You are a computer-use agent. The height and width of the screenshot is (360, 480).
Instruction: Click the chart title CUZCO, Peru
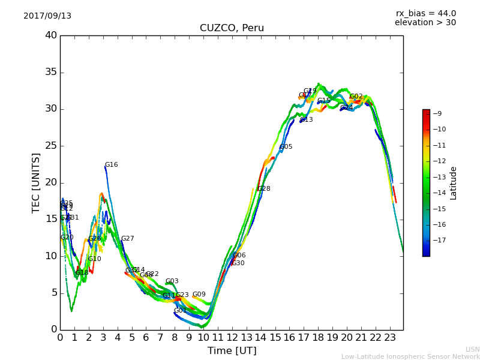pyautogui.click(x=232, y=28)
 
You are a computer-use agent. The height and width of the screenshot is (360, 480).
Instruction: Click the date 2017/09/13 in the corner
pyautogui.click(x=47, y=16)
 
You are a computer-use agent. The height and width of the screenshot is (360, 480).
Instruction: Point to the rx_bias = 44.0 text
pyautogui.click(x=425, y=13)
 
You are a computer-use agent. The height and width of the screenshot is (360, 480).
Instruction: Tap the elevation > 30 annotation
pyautogui.click(x=425, y=23)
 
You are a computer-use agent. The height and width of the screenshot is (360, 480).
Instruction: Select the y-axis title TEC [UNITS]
pyautogui.click(x=37, y=182)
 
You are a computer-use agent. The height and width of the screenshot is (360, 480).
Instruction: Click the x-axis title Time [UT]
pyautogui.click(x=232, y=351)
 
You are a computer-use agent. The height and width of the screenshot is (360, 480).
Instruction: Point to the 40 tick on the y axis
pyautogui.click(x=51, y=35)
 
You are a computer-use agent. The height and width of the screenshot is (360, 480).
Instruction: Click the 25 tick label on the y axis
pyautogui.click(x=51, y=146)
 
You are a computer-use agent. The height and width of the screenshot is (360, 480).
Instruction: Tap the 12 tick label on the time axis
pyautogui.click(x=232, y=338)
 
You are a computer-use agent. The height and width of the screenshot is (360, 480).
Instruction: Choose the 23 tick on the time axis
pyautogui.click(x=389, y=338)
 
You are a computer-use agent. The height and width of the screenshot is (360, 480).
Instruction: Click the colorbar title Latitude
pyautogui.click(x=454, y=183)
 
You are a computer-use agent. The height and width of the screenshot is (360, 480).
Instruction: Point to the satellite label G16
pyautogui.click(x=112, y=165)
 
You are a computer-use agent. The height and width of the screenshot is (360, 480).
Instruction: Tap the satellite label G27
pyautogui.click(x=128, y=239)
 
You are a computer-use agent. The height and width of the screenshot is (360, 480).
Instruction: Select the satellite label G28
pyautogui.click(x=263, y=189)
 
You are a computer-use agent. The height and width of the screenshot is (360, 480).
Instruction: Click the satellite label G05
pyautogui.click(x=286, y=147)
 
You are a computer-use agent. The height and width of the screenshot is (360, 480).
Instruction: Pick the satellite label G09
pyautogui.click(x=199, y=295)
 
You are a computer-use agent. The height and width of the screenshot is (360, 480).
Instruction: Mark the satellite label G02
pyautogui.click(x=356, y=97)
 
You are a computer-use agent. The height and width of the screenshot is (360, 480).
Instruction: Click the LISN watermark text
pyautogui.click(x=472, y=349)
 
